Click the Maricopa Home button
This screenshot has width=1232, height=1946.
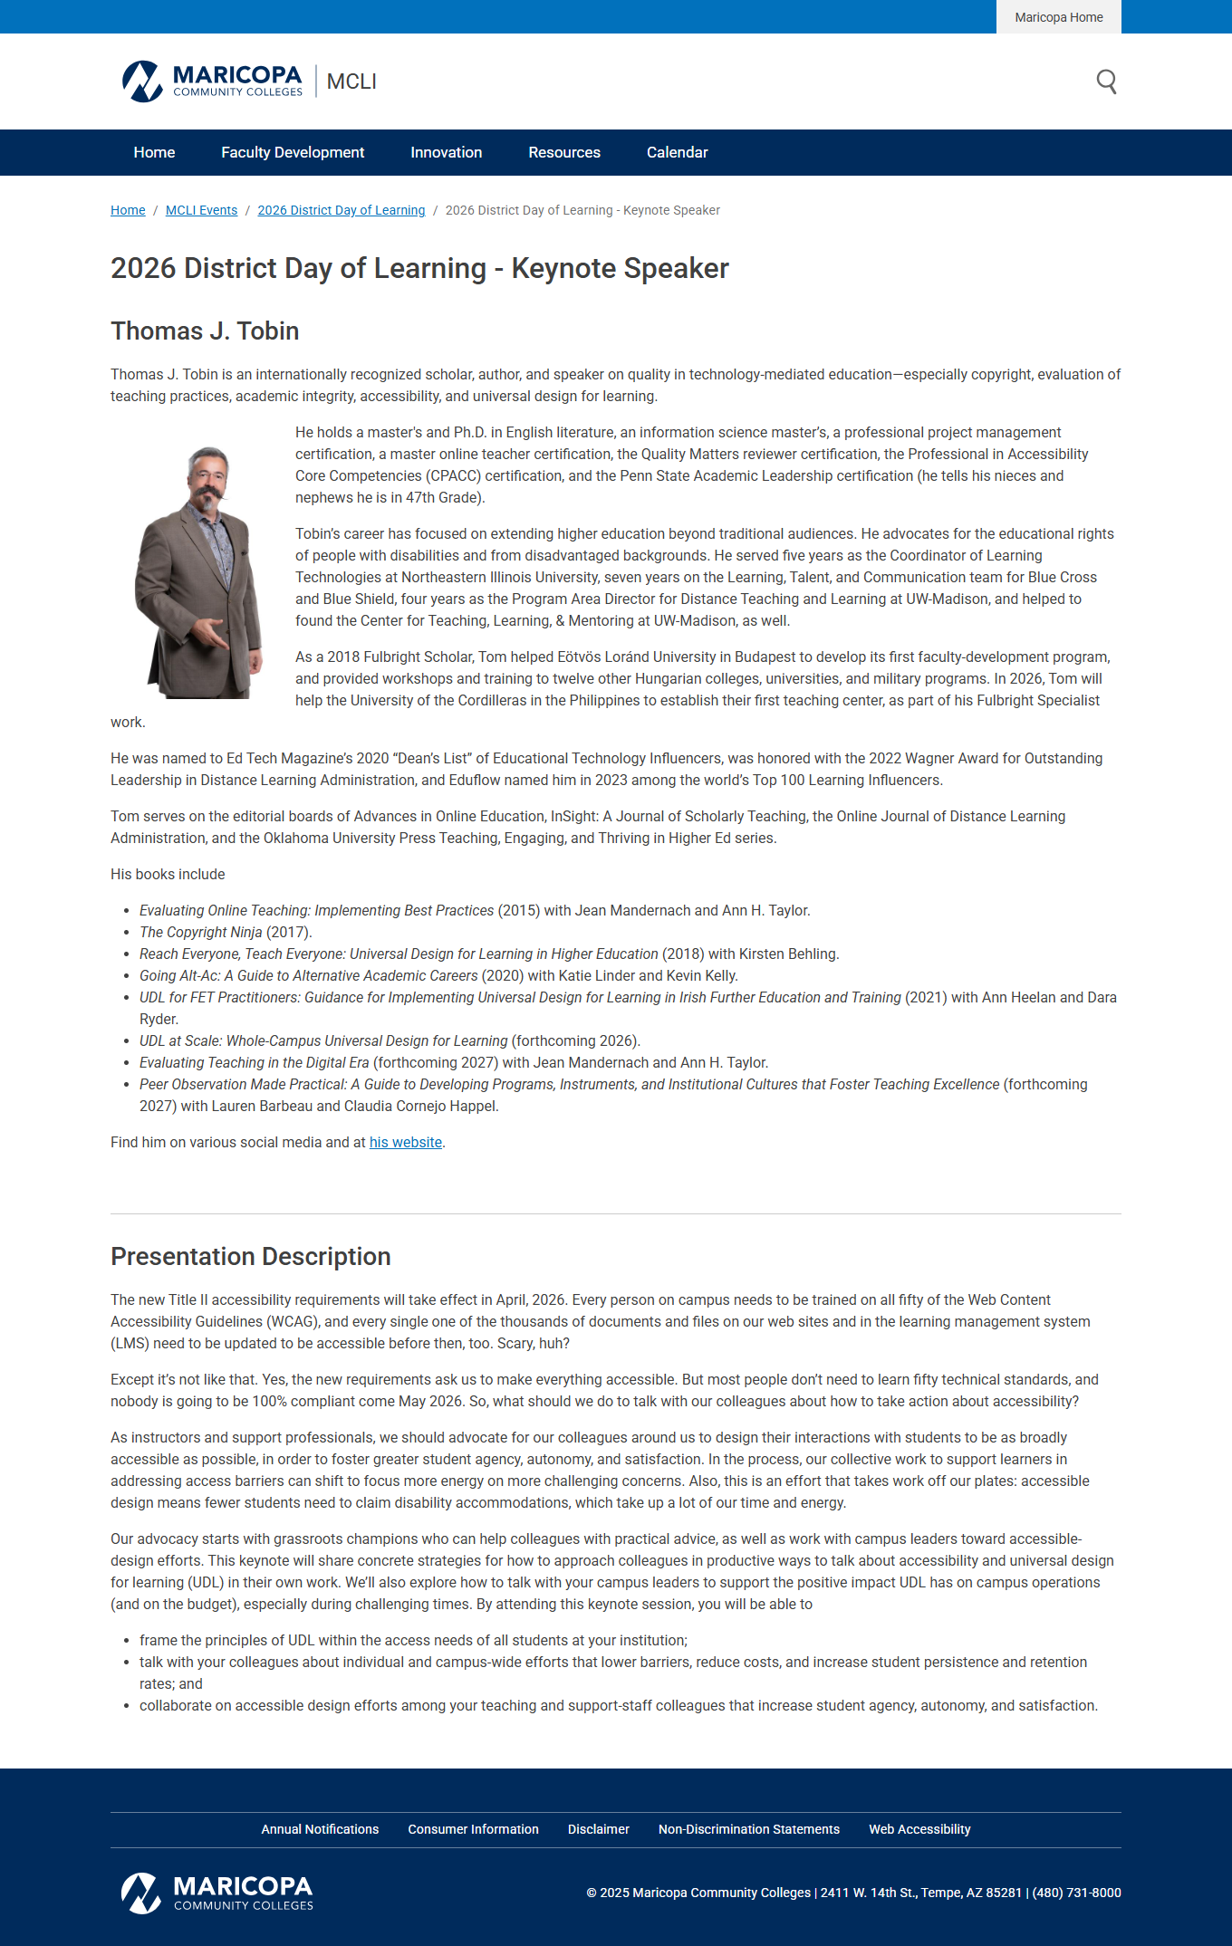1058,17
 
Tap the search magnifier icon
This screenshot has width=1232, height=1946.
1106,81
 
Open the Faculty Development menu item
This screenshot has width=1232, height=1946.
293,153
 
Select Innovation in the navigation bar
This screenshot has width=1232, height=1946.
446,153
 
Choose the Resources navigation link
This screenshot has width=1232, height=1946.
564,153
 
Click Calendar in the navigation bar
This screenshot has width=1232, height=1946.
677,153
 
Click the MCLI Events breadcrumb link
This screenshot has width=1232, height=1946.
201,210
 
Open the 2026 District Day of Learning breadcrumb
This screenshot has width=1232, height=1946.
341,210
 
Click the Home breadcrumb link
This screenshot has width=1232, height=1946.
128,210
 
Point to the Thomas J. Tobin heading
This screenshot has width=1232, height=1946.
205,331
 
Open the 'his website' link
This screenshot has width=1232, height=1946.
405,1143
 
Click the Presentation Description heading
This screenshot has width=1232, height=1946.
250,1257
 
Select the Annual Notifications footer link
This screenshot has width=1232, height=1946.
320,1829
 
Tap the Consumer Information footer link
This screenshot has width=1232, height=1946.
473,1829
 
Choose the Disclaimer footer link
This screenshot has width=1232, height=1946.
598,1829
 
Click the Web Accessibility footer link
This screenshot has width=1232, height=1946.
919,1829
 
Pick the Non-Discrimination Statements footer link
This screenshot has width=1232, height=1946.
748,1829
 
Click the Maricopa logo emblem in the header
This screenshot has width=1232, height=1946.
142,81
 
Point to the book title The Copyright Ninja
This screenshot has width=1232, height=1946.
200,933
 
